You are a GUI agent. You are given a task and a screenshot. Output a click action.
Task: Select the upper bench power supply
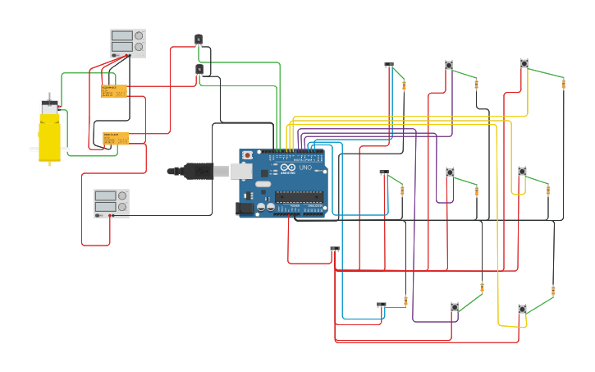(x=128, y=44)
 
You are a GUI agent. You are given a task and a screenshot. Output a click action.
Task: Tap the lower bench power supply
(x=111, y=204)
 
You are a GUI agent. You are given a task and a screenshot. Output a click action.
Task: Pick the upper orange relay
(x=114, y=91)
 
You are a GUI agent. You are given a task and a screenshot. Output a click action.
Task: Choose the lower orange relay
(x=115, y=139)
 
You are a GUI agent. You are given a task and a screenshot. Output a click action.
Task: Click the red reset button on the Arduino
(x=248, y=155)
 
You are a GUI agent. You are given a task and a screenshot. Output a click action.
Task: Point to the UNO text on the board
(x=304, y=168)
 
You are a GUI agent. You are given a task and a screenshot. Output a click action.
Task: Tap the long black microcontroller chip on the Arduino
(x=299, y=196)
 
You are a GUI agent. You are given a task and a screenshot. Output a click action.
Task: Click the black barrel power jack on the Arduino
(x=245, y=209)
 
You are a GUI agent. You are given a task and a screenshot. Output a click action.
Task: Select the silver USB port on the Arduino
(x=240, y=171)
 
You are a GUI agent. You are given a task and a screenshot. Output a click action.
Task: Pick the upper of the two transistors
(x=199, y=39)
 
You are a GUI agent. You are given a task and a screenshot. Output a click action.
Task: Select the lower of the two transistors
(x=199, y=69)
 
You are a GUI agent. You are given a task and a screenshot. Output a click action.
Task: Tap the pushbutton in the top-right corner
(x=524, y=63)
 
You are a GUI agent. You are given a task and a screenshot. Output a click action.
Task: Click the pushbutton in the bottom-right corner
(x=522, y=309)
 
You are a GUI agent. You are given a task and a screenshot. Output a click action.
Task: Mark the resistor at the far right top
(x=563, y=84)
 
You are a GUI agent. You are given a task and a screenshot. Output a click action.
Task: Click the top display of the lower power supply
(x=106, y=195)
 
